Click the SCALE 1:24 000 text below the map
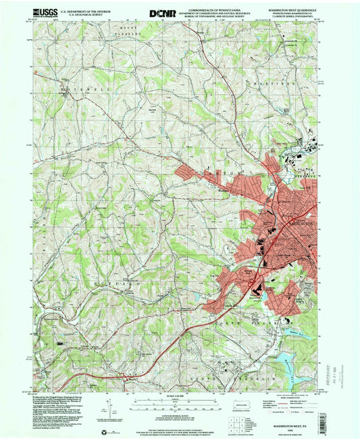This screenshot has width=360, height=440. [179, 396]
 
